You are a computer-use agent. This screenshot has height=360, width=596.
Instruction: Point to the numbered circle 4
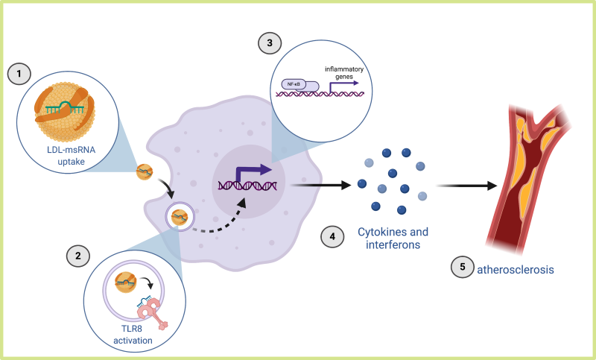click(x=332, y=237)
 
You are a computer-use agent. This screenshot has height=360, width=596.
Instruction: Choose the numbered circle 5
click(x=462, y=268)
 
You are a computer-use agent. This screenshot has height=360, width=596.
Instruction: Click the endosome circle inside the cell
click(x=180, y=218)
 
